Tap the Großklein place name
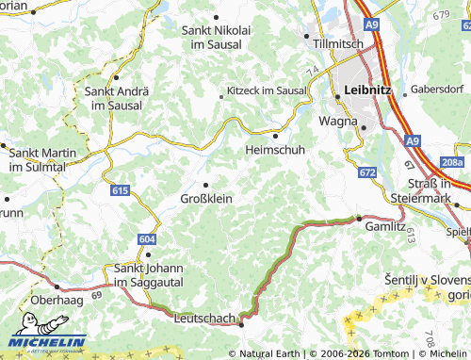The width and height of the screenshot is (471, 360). point(206,198)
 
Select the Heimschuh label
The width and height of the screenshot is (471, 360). point(273,150)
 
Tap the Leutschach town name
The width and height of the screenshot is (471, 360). point(204,319)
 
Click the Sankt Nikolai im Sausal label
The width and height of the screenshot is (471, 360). point(217,37)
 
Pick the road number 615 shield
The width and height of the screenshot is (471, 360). point(119,190)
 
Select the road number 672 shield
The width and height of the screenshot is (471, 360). point(367,172)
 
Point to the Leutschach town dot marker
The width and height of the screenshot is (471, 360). point(241,324)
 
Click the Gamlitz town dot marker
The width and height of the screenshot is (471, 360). point(359,218)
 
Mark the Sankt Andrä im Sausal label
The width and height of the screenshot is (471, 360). point(114,98)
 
